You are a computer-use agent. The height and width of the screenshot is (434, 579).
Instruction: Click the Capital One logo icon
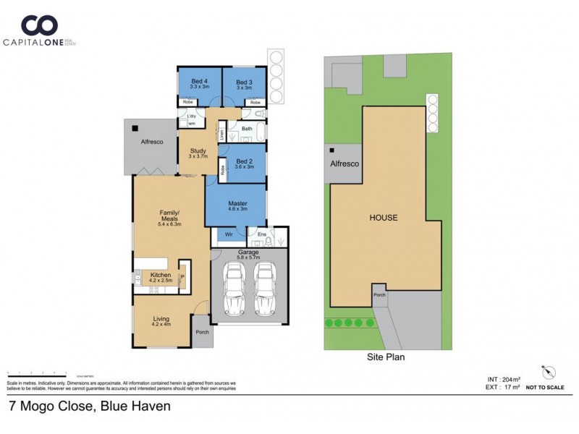[x=39, y=26]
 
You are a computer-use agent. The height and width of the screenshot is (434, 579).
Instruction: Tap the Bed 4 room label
[x=199, y=81]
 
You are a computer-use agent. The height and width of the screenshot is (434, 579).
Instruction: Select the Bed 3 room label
[x=244, y=82]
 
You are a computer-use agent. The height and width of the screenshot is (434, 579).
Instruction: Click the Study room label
[x=198, y=150]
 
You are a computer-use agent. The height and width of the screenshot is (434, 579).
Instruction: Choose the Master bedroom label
[x=238, y=203]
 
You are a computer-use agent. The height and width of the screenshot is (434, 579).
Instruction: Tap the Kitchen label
[x=161, y=276]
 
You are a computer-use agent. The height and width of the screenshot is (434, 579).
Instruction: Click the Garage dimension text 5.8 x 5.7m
[x=249, y=258]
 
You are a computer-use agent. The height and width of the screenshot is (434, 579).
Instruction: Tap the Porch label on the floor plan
[x=203, y=333]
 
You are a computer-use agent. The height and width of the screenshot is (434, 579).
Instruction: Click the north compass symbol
[x=548, y=373]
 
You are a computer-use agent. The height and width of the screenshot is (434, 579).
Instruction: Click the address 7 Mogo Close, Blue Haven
[x=89, y=407]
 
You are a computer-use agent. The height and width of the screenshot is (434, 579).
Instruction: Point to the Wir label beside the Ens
[x=228, y=234]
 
